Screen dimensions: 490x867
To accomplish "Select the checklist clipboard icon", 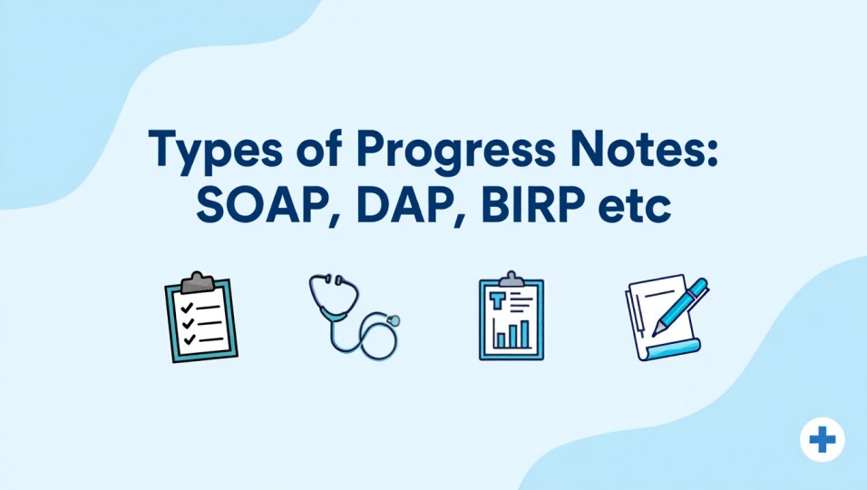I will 199,318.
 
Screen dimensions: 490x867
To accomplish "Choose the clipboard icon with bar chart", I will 511,317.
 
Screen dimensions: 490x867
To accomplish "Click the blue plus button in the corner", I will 822,441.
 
